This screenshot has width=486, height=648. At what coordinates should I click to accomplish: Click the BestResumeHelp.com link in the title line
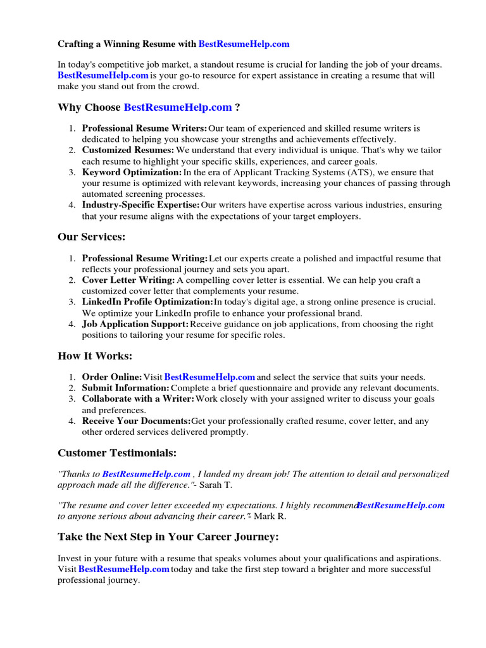click(x=244, y=44)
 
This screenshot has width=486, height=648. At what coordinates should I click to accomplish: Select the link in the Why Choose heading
click(x=178, y=108)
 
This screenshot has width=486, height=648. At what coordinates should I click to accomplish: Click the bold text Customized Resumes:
click(x=128, y=151)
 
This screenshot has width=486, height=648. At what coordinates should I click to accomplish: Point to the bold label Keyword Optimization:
click(x=132, y=172)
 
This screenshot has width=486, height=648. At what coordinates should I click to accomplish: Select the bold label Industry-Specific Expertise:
click(x=140, y=205)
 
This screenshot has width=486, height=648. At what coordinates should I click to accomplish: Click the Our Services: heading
click(x=92, y=237)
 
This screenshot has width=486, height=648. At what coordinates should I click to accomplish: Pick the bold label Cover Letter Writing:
click(x=128, y=280)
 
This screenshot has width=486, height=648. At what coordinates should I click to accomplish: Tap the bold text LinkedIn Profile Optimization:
click(x=147, y=302)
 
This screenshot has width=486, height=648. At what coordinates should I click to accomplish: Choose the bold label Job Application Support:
click(x=135, y=324)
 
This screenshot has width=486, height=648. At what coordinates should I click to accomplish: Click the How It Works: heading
click(x=95, y=356)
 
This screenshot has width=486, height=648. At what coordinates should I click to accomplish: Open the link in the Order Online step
click(x=209, y=377)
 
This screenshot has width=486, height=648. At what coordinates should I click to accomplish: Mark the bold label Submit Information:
click(x=125, y=388)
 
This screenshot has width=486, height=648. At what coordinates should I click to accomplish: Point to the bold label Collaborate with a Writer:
click(x=138, y=399)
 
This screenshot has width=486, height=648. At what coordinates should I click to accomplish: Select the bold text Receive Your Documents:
click(x=136, y=421)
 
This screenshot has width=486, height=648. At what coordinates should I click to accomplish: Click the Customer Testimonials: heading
click(x=117, y=453)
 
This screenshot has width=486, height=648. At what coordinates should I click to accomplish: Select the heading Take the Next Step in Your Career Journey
click(x=168, y=537)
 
